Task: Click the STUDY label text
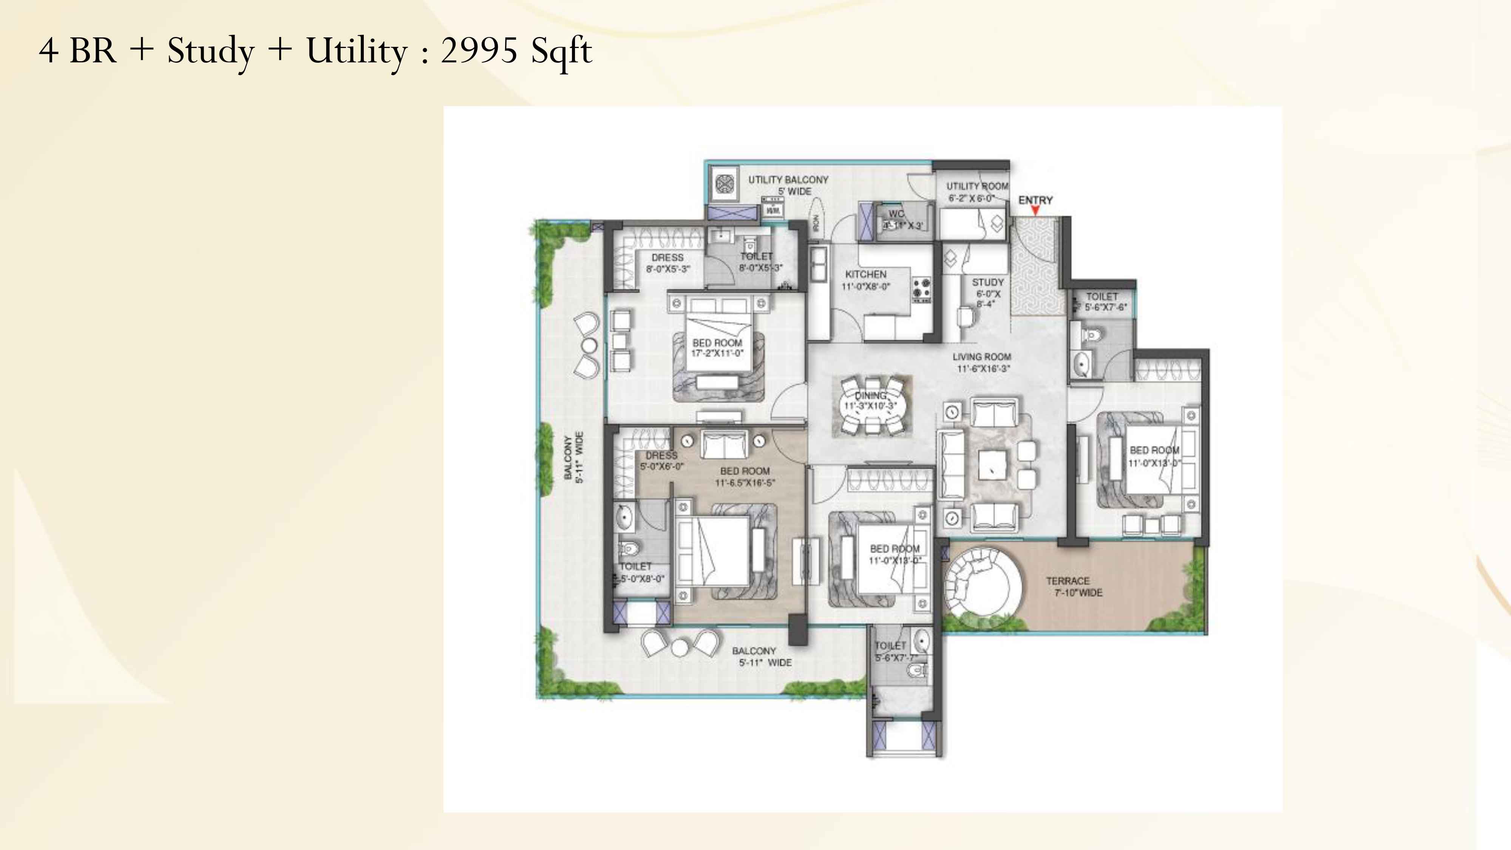[x=988, y=282]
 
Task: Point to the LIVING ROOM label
[x=981, y=357]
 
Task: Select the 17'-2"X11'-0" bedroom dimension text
[x=717, y=353]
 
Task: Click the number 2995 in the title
[x=479, y=51]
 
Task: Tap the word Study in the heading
[x=210, y=51]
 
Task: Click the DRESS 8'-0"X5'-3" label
[x=667, y=263]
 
